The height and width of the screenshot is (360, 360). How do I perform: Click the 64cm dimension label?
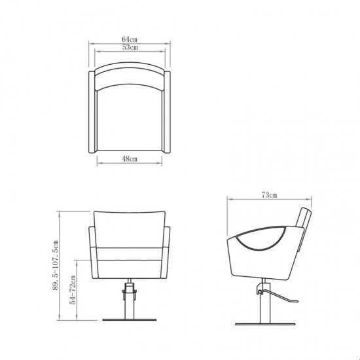pos(130,39)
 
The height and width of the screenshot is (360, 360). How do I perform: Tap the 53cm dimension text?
pos(130,47)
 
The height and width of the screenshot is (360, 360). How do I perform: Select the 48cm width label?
pos(130,158)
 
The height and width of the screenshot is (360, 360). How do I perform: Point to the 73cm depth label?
pos(269,195)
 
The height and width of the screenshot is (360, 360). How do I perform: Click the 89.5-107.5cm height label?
pos(56,265)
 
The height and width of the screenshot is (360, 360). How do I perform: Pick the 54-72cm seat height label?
pos(73,289)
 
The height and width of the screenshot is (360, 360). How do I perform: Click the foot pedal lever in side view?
pos(279,296)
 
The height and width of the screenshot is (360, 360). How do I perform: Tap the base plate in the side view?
pos(265,325)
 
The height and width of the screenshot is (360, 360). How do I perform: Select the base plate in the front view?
pos(129,319)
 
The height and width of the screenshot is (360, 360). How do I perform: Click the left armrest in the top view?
pos(92,112)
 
